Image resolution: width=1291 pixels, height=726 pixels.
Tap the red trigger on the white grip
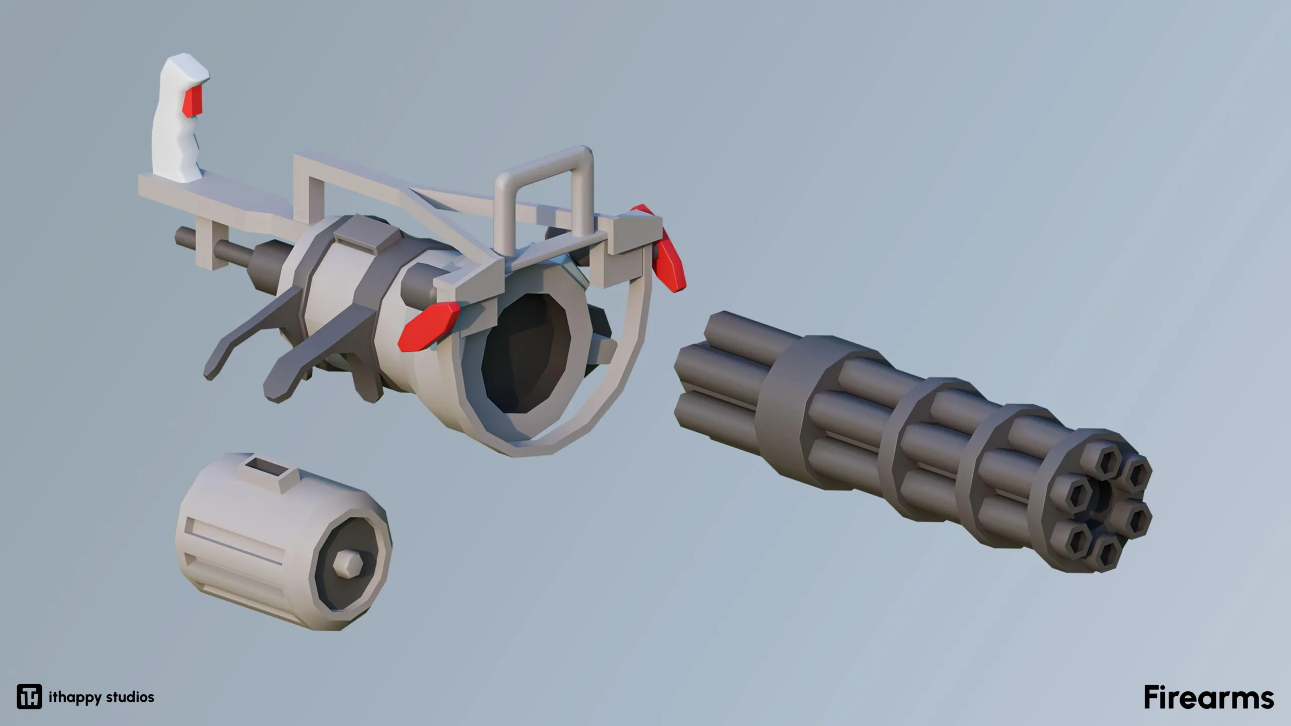click(x=193, y=101)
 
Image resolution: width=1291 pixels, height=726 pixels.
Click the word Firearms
click(x=1209, y=697)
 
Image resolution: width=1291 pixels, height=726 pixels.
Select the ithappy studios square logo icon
click(x=29, y=697)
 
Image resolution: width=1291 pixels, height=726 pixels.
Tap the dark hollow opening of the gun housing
click(x=524, y=353)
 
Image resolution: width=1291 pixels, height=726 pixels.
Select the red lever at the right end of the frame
click(x=665, y=252)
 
